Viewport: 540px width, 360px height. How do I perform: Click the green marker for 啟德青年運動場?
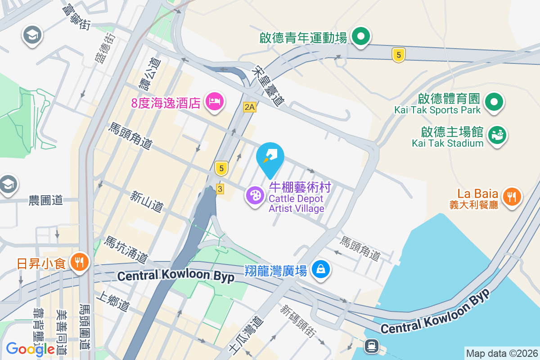(360, 36)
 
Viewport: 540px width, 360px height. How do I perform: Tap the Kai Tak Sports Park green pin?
(494, 102)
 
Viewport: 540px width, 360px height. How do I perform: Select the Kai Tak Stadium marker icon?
(497, 135)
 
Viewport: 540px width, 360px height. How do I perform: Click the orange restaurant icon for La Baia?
(511, 197)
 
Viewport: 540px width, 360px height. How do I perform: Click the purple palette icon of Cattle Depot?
(255, 196)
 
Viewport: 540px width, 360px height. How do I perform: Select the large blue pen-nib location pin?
(270, 157)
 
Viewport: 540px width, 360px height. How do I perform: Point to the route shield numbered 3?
(220, 189)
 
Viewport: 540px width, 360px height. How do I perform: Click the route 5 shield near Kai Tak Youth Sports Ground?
(398, 55)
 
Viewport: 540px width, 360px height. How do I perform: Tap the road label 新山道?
(146, 201)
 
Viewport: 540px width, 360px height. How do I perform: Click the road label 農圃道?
(45, 200)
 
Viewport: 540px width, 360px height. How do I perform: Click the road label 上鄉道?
(113, 301)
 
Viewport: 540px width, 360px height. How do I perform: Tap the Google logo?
(30, 349)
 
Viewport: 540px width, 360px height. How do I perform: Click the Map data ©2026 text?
(501, 354)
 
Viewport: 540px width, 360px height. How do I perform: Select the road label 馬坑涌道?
(126, 250)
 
